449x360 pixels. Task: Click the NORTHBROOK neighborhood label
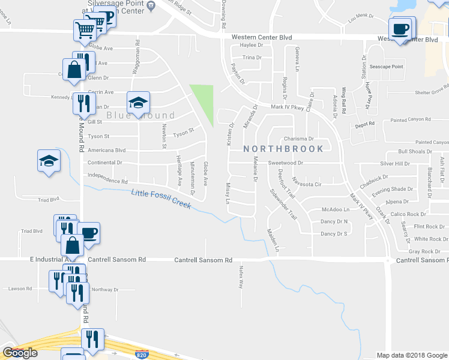tap(283, 148)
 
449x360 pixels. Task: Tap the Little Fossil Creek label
tap(161, 199)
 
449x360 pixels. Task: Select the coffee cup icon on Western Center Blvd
tap(400, 29)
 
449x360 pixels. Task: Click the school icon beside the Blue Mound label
tap(138, 102)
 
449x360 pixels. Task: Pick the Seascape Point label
tap(386, 67)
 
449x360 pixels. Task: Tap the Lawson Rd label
tap(20, 289)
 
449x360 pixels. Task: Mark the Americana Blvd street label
tap(106, 151)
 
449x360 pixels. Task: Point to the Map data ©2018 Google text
tap(411, 355)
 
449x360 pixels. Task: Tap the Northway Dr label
tap(105, 289)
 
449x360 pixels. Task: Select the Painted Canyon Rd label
tap(411, 120)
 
